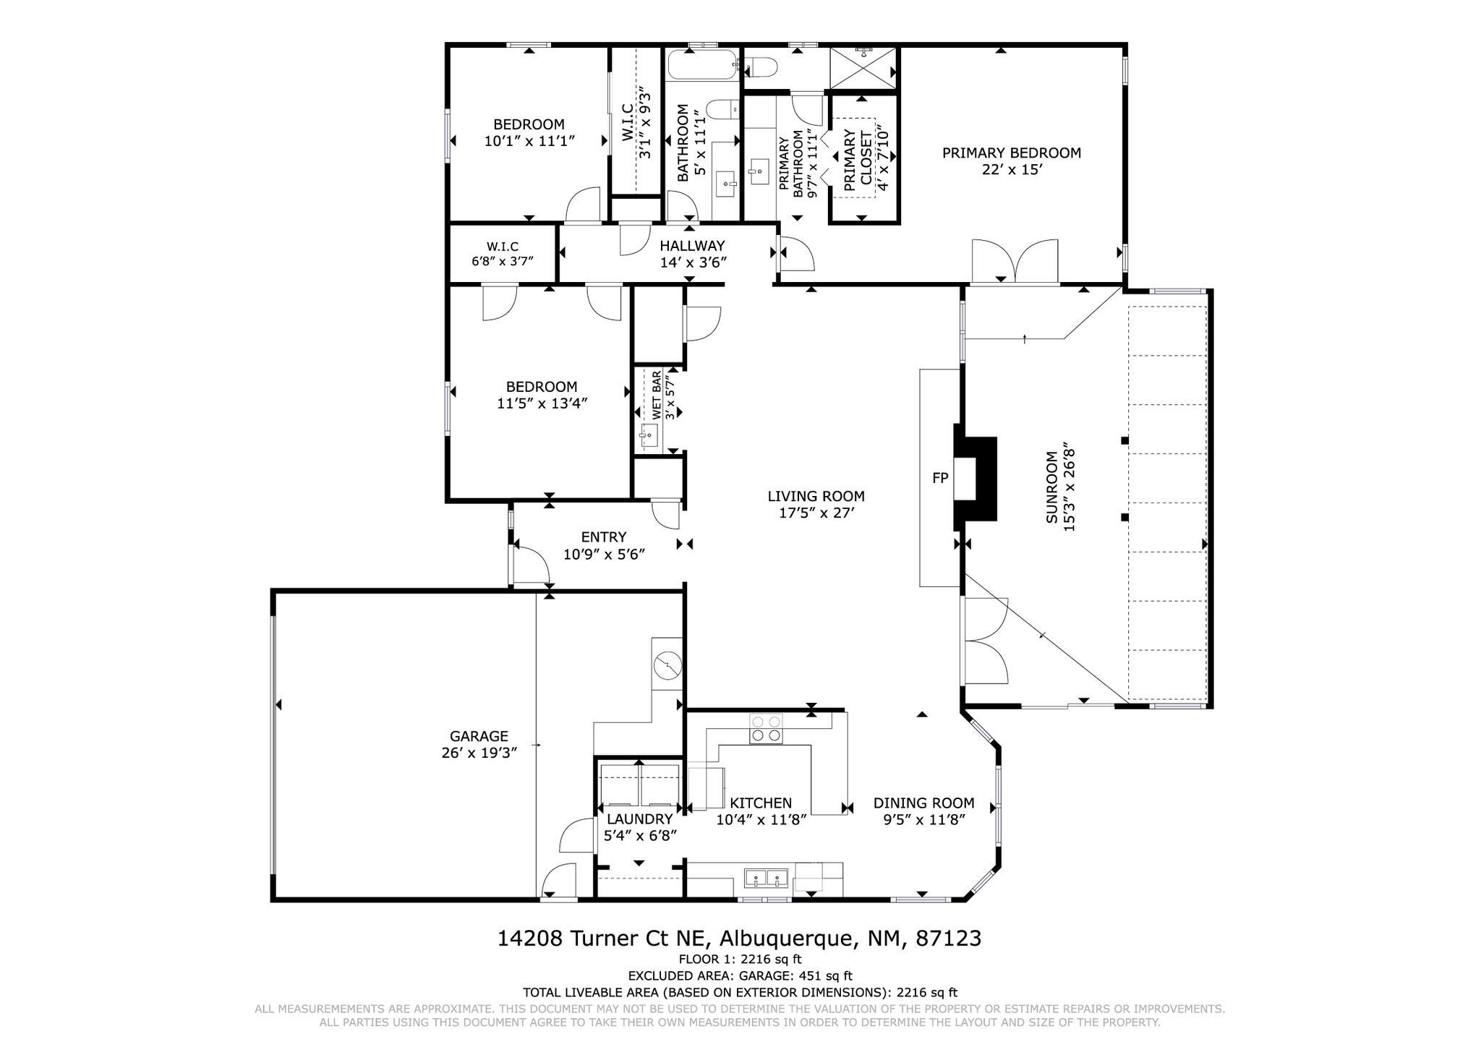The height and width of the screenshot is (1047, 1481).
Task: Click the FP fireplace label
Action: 940,478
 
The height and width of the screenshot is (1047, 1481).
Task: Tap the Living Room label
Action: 816,497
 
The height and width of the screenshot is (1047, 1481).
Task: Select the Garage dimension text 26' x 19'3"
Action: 479,753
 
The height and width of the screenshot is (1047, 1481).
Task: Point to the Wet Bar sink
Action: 649,435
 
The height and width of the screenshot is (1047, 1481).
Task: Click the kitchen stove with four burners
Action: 767,728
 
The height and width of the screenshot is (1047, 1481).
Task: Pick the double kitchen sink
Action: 767,879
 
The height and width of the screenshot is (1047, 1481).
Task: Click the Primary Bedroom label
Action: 1012,153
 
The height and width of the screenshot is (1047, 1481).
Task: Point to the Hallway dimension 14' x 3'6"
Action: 693,262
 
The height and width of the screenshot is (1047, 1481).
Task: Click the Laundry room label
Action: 640,819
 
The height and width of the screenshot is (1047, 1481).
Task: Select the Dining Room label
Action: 924,803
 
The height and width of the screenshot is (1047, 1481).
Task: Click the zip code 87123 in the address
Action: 948,939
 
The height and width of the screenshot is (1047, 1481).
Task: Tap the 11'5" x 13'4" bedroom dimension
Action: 542,403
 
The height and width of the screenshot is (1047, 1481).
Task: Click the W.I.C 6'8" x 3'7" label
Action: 503,254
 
